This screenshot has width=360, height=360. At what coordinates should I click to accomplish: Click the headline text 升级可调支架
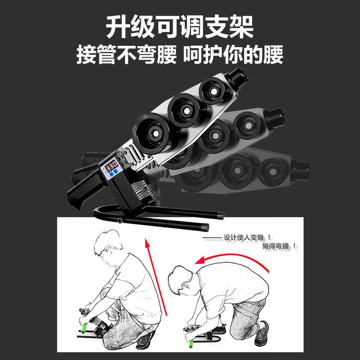point(179,27)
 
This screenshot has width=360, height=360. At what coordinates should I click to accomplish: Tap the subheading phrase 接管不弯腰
point(127,54)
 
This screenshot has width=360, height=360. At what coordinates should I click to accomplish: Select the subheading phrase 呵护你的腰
point(233,54)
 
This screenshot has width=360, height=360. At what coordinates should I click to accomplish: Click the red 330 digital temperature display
point(111,165)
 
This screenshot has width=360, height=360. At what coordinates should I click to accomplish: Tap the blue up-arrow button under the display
point(111,173)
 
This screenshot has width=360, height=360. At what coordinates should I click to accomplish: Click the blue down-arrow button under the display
point(116,171)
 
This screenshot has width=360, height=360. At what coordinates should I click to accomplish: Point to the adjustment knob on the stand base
point(120,221)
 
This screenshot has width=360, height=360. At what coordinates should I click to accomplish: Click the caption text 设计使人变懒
point(244,237)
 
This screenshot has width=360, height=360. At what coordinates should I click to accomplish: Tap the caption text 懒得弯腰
point(275,246)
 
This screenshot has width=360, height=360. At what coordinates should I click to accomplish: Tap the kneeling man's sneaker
point(262,333)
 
